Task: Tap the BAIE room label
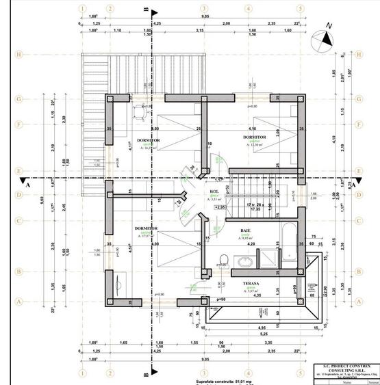coord(246,231)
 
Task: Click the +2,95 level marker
coord(220,206)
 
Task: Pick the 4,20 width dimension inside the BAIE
coord(251,243)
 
